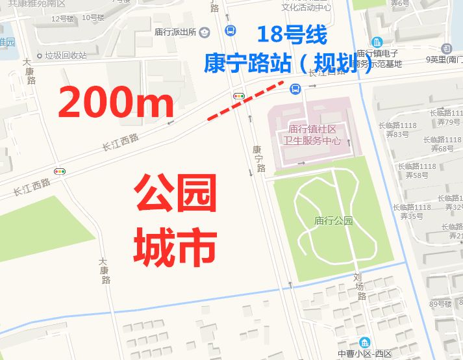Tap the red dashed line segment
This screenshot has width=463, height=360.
(x=245, y=101)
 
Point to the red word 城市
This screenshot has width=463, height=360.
(x=175, y=247)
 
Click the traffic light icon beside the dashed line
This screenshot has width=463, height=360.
(x=239, y=96)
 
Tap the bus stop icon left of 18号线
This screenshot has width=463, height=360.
(x=230, y=31)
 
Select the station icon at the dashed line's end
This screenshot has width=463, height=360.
(x=295, y=88)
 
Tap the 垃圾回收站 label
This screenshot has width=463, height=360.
(x=66, y=55)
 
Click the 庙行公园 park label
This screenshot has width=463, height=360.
(x=332, y=221)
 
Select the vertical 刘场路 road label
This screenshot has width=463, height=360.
(x=359, y=287)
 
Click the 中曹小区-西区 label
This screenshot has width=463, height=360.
(x=364, y=354)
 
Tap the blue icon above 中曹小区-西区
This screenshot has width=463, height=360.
(x=364, y=342)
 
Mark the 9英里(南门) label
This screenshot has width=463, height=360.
(x=444, y=60)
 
